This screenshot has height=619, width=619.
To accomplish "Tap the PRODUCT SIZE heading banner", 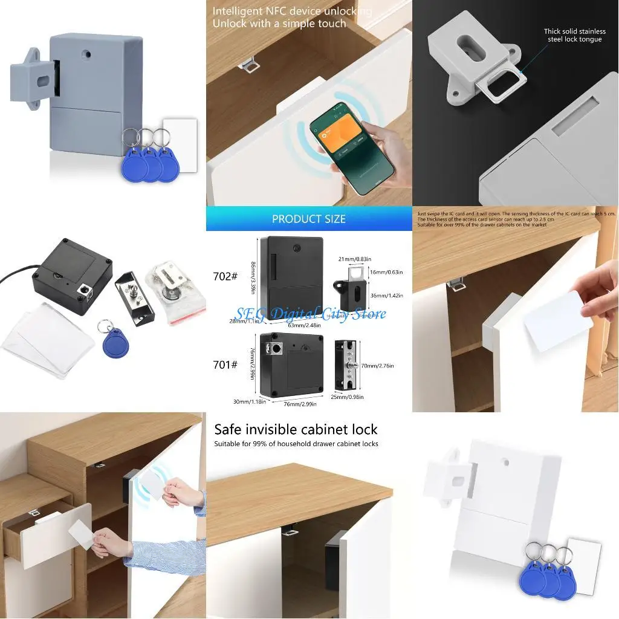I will (308, 219).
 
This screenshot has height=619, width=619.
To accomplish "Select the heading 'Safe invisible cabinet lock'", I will (296, 429).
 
